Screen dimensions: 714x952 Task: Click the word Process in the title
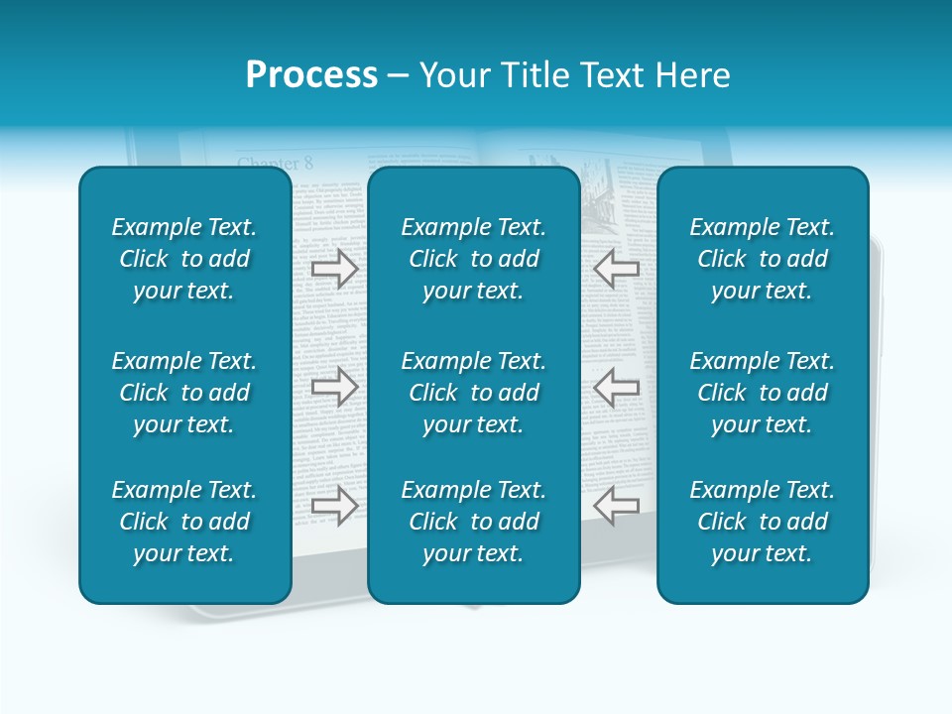(x=311, y=75)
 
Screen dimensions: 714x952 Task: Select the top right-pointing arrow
(x=334, y=269)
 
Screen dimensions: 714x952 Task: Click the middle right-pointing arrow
(x=334, y=387)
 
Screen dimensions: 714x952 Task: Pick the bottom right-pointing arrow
(x=334, y=505)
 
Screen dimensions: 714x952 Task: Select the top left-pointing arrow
(x=617, y=269)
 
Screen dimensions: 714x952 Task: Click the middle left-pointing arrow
(x=617, y=387)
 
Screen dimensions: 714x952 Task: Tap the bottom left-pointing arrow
(x=617, y=505)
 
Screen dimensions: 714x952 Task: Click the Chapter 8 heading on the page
(x=275, y=163)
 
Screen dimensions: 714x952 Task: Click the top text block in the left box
(x=184, y=259)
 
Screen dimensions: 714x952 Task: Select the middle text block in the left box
(x=184, y=393)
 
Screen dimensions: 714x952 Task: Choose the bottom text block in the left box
(x=184, y=522)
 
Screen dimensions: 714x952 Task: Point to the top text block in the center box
(x=473, y=259)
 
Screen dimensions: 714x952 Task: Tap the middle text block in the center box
(x=473, y=393)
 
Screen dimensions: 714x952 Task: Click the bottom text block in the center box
(x=473, y=522)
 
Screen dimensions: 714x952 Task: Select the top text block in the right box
(x=762, y=259)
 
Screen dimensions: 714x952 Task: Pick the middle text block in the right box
(x=762, y=393)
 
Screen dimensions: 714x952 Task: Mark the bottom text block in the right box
(x=762, y=522)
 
